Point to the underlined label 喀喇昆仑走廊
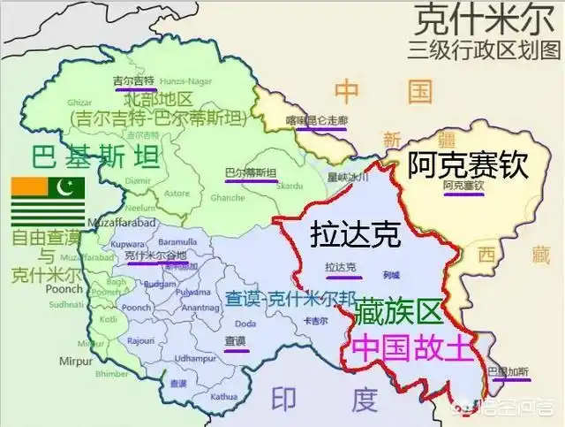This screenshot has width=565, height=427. (x=319, y=119)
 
